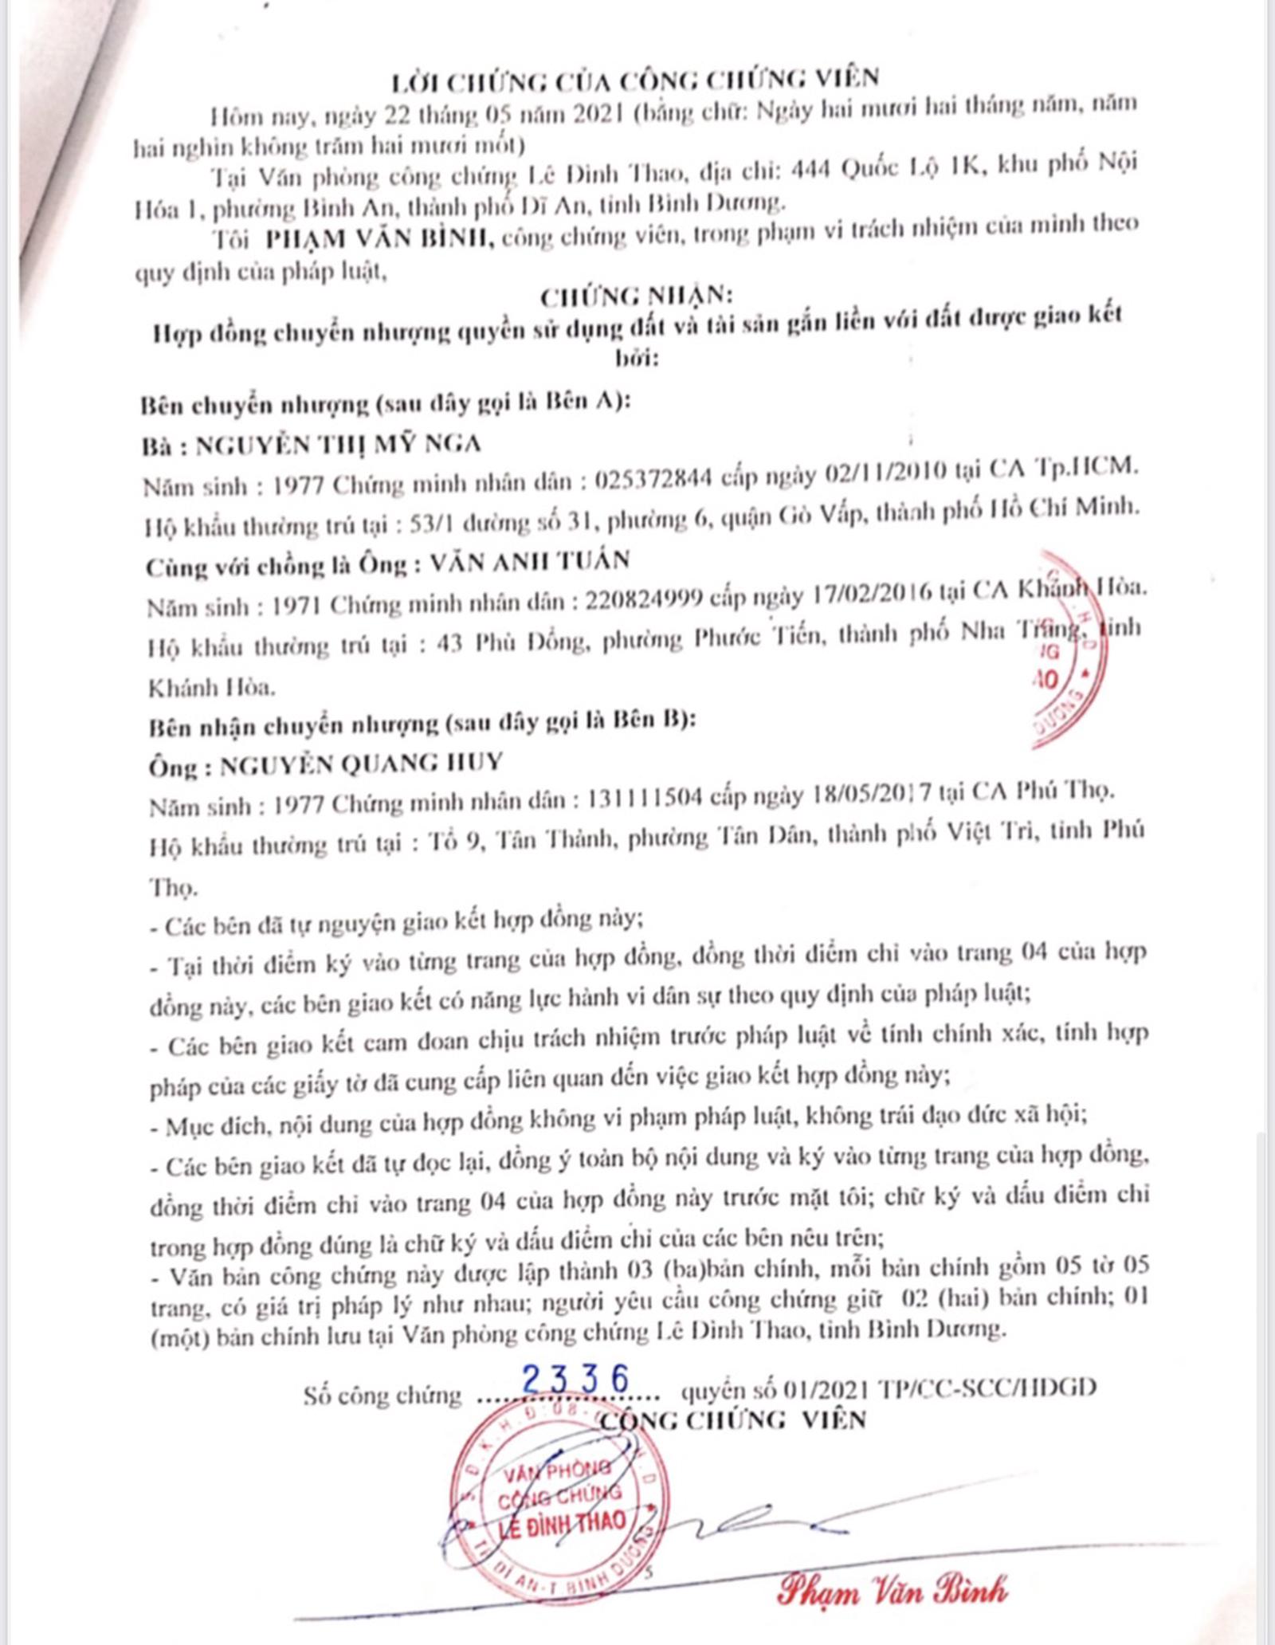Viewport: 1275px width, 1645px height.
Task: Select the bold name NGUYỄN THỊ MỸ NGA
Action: click(338, 444)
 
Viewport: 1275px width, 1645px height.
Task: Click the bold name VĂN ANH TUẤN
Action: click(529, 562)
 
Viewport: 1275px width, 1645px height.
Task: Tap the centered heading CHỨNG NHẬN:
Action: click(635, 296)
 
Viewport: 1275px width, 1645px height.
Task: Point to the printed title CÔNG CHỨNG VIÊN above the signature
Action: click(732, 1420)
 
